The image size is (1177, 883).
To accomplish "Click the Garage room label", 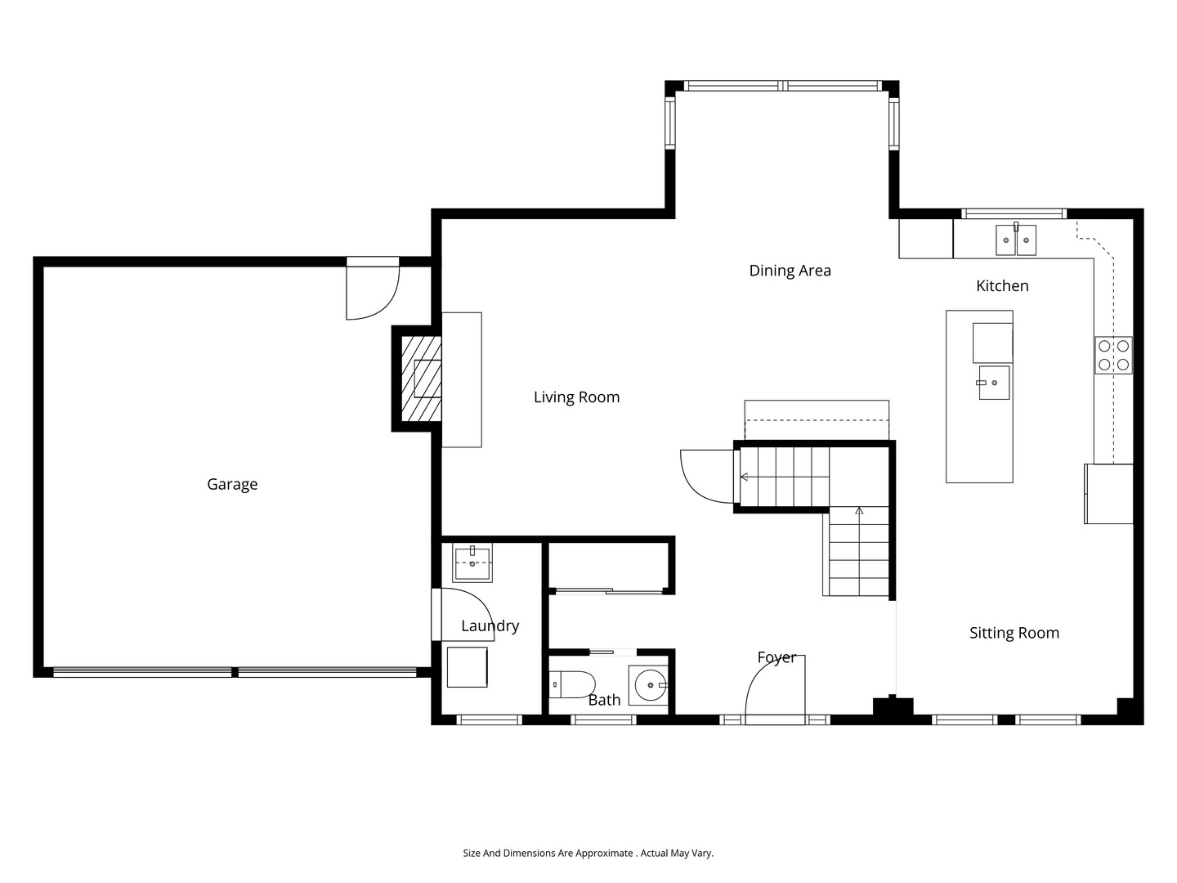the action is tap(232, 485).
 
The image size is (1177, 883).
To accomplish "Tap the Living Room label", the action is tap(576, 397).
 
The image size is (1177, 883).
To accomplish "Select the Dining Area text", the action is tap(790, 271).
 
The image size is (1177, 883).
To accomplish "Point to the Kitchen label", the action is tap(1002, 286).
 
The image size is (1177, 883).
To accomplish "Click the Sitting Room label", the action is tap(1014, 633).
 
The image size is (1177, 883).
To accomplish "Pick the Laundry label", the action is tap(490, 626).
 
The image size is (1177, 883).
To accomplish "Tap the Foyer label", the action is tap(776, 657).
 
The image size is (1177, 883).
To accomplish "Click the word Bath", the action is tap(604, 700).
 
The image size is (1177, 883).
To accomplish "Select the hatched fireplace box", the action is tap(422, 379).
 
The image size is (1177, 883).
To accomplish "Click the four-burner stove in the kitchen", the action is tap(1113, 356).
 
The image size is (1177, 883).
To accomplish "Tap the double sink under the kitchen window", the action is tap(1016, 240).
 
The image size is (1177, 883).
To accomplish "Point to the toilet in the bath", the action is tap(572, 684).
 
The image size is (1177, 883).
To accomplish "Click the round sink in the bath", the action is tap(648, 685).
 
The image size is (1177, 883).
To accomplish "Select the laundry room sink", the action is tap(472, 563).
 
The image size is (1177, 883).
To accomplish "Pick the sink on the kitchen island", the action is tap(994, 383).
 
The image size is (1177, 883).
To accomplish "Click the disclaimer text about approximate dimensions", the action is tap(588, 853).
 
